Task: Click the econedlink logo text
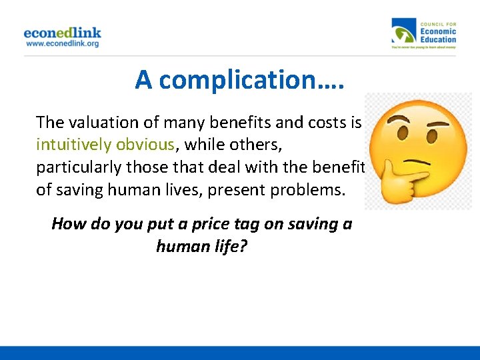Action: click(62, 33)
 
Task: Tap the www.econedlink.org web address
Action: click(62, 43)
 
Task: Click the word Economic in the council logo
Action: click(437, 31)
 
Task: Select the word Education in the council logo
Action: click(438, 39)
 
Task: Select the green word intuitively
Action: click(74, 145)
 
